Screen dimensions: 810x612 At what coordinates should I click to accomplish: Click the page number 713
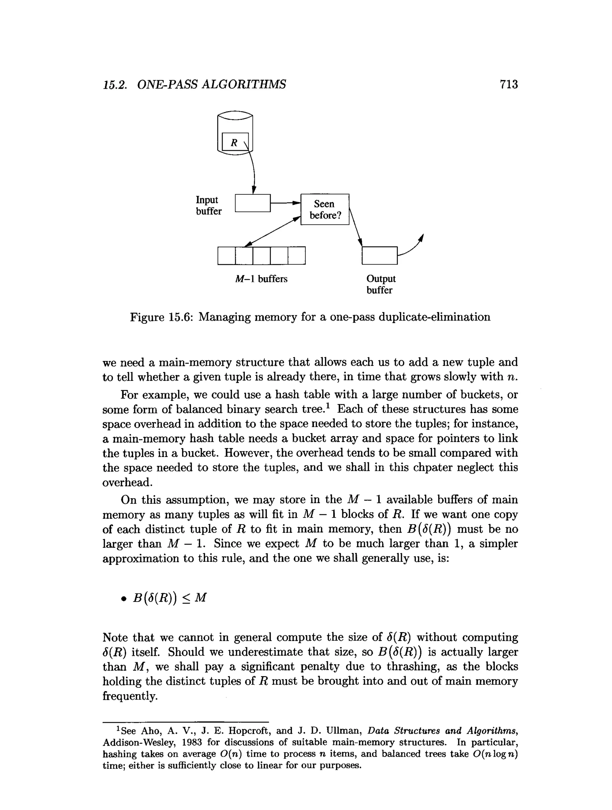click(509, 84)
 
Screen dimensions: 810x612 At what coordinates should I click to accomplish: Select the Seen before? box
click(325, 210)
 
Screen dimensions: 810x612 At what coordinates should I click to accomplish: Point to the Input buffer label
click(209, 205)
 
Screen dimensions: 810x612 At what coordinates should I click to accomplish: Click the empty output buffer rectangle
click(379, 255)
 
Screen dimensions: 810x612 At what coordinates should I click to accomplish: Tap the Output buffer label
click(381, 284)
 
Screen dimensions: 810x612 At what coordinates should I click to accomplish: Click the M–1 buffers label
click(261, 279)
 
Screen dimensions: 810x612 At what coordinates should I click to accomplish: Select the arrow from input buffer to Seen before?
click(285, 202)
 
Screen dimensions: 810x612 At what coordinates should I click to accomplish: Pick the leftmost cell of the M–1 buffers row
click(227, 256)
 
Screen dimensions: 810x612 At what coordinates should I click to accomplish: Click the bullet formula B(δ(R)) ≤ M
click(170, 598)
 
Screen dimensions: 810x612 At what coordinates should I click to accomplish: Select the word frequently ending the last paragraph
click(130, 696)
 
